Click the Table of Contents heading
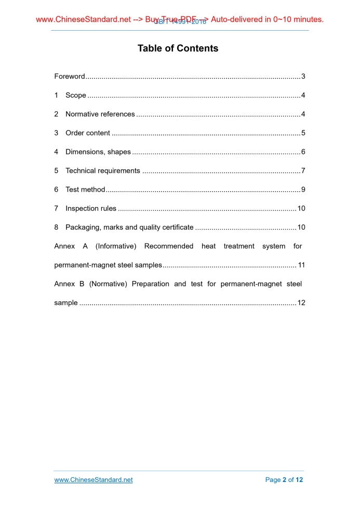click(178, 48)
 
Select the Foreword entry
click(70, 76)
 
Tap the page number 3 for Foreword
click(303, 76)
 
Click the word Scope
click(76, 96)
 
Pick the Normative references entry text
click(100, 114)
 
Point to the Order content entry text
click(88, 133)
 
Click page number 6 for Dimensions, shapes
click(303, 152)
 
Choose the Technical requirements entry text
click(103, 171)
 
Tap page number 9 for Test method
click(303, 190)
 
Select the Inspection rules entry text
click(91, 209)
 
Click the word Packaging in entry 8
click(82, 227)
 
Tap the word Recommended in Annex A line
click(169, 246)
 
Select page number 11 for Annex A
click(301, 265)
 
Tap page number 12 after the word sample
click(301, 303)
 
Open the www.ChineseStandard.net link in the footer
click(94, 480)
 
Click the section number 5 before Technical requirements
click(56, 171)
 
